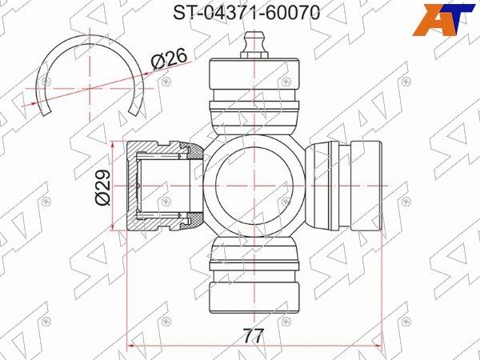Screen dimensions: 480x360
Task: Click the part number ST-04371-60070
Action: pos(246,13)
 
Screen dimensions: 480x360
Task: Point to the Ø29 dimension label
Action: pos(102,187)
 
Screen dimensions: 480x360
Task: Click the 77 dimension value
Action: pos(253,336)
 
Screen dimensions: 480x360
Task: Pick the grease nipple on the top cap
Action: pos(254,45)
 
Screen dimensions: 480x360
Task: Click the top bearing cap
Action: pos(254,95)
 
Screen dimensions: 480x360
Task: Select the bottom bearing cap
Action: pos(254,275)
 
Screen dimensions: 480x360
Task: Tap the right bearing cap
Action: pos(344,186)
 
